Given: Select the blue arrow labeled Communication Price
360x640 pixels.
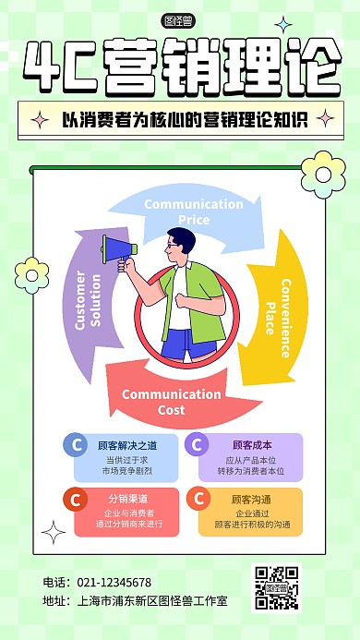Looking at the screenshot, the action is [x=180, y=211].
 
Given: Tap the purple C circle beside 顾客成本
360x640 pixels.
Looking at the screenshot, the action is [x=197, y=445].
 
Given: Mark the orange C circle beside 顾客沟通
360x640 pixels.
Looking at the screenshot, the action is [x=197, y=500].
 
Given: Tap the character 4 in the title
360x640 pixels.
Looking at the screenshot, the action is [x=43, y=67].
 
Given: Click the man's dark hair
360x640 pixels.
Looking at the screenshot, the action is [x=185, y=239].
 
